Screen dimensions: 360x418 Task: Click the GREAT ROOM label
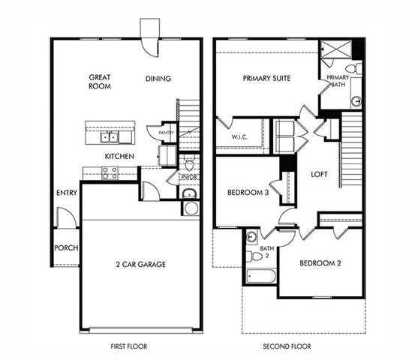[x=100, y=81]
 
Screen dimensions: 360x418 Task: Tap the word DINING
[x=158, y=78]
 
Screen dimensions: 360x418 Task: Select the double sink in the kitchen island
[x=110, y=136]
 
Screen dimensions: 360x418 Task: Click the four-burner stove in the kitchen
[x=110, y=172]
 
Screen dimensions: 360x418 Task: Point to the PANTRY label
[x=167, y=133]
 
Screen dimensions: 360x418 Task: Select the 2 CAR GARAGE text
[x=141, y=264]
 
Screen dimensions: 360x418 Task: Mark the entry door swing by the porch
[x=67, y=219]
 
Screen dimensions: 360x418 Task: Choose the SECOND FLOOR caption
[x=287, y=346]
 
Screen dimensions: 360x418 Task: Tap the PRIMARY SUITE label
[x=267, y=78]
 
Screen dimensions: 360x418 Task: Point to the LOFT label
[x=320, y=174]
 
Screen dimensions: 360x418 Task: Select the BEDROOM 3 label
[x=248, y=193]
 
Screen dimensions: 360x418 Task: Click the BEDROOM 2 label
[x=320, y=263]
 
